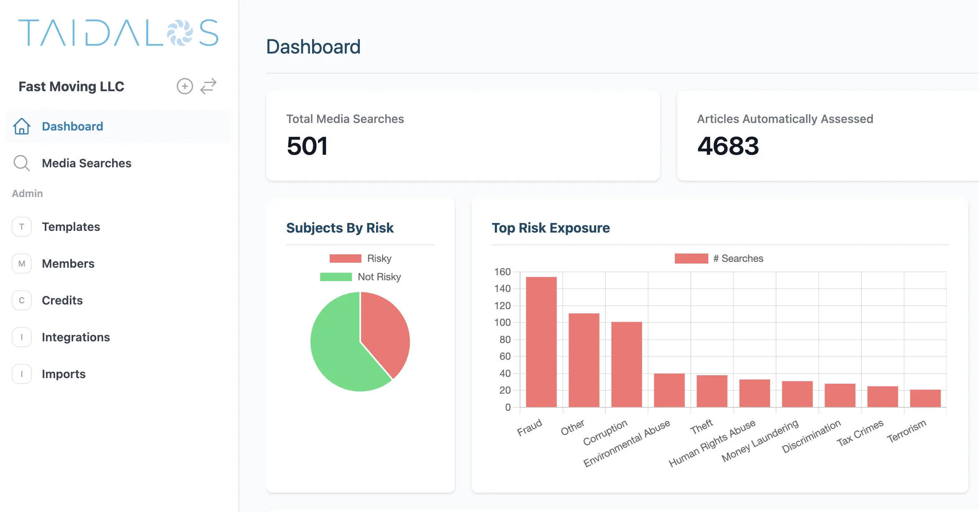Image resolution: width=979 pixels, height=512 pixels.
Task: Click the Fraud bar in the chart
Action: point(541,342)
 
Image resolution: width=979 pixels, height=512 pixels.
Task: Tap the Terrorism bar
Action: point(925,398)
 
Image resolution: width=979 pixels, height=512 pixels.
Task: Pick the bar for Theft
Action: point(712,391)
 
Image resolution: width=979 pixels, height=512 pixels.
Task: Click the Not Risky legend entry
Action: point(361,277)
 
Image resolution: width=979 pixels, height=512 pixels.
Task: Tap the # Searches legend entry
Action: point(719,259)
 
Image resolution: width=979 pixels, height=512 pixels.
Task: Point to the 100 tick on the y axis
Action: point(502,323)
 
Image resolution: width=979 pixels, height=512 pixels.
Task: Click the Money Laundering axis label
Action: point(760,441)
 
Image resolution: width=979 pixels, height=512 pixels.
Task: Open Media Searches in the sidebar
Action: point(87,163)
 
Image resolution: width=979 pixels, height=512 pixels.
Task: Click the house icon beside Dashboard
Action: point(22,126)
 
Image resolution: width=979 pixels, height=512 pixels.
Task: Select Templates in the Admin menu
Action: point(71,227)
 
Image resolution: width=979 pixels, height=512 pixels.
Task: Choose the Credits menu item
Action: point(62,300)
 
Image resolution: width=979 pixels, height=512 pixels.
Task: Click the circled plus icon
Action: point(185,86)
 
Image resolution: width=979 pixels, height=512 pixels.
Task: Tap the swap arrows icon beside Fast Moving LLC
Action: point(208,86)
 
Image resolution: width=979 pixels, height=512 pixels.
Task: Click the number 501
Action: point(307,146)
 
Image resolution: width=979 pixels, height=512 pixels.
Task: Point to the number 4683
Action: point(728,146)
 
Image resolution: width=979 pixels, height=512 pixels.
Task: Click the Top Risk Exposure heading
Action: point(551,228)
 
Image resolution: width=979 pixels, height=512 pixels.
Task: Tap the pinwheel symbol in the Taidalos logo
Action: point(180,33)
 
